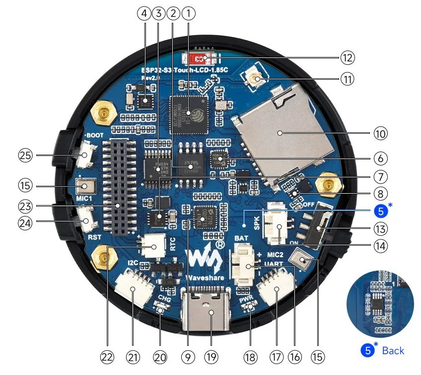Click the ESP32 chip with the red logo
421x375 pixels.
(188, 113)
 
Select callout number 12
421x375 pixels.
(347, 57)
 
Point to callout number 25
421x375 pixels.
(24, 156)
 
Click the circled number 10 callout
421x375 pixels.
(381, 133)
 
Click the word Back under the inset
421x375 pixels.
(393, 351)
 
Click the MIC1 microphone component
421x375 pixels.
(87, 187)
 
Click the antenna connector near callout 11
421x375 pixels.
(257, 77)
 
